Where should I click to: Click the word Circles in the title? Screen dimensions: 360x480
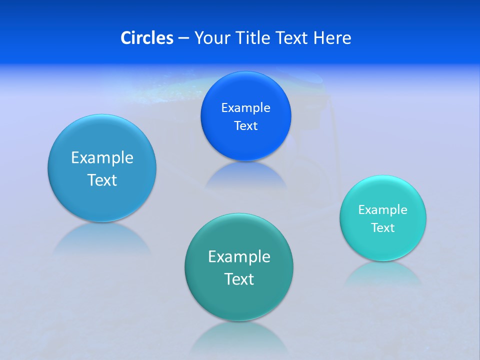[147, 38]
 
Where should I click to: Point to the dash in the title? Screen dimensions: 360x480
[183, 38]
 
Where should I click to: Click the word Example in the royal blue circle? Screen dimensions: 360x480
[245, 107]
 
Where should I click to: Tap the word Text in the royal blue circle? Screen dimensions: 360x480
[245, 126]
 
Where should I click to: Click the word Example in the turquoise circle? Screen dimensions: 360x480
[383, 209]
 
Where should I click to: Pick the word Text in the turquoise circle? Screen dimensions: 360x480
[383, 228]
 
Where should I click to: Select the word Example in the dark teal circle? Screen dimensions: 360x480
[239, 256]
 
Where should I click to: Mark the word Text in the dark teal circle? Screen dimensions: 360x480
[239, 279]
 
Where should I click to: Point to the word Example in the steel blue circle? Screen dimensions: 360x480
[102, 157]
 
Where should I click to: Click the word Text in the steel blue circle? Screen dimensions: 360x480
[102, 180]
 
